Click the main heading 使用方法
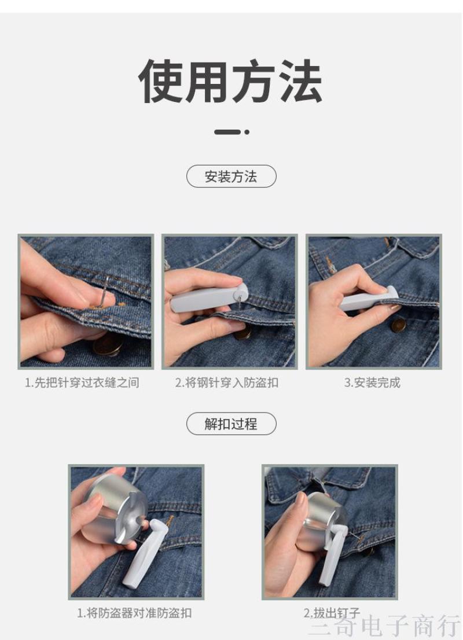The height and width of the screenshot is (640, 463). (x=231, y=81)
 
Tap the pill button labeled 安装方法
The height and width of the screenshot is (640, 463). (x=231, y=176)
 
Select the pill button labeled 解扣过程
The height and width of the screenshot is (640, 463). (x=231, y=424)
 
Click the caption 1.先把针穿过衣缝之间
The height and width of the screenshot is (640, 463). (x=82, y=382)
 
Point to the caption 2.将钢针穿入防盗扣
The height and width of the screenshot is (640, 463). (x=227, y=382)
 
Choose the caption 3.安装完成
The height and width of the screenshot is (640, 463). (x=372, y=382)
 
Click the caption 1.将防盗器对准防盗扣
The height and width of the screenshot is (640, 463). (x=134, y=613)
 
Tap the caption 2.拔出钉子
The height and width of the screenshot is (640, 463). (x=332, y=613)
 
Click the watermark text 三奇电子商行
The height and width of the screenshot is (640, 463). (x=385, y=626)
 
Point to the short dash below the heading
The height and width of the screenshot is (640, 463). (x=227, y=132)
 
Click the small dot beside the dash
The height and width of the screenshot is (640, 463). (x=247, y=132)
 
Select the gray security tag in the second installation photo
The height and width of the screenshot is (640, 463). (x=209, y=298)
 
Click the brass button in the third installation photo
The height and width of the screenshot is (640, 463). (x=399, y=325)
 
